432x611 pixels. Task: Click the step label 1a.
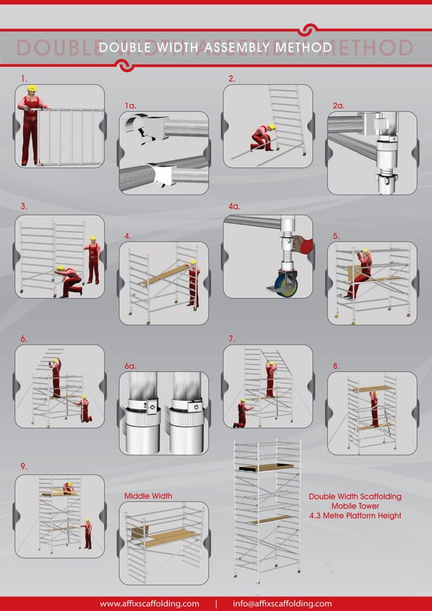tap(131, 106)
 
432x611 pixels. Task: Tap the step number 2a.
tap(339, 106)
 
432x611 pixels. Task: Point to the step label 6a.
tap(131, 366)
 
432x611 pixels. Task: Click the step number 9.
tap(24, 466)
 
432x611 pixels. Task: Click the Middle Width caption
tap(148, 496)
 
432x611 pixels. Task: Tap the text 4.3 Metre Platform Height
tap(355, 515)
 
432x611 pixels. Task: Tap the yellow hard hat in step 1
tap(30, 88)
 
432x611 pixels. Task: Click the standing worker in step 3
tap(93, 261)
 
